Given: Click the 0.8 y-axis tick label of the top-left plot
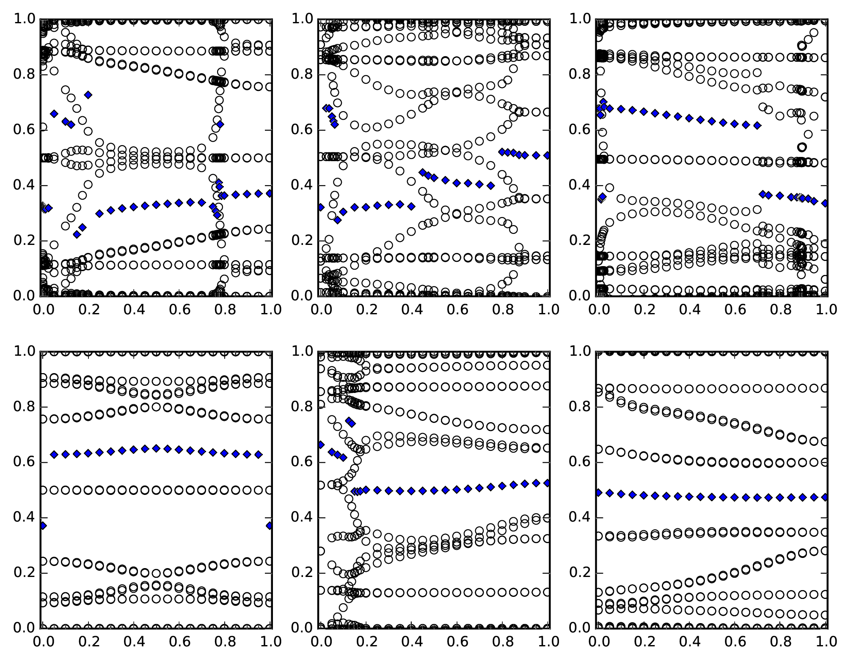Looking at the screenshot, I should tap(25, 75).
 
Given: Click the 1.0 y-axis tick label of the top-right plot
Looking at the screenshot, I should tap(581, 19).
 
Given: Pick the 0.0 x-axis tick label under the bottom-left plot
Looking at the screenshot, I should tap(42, 642).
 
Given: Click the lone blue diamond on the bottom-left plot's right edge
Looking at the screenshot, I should tap(270, 526).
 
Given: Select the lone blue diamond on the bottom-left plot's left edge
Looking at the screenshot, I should tap(43, 526).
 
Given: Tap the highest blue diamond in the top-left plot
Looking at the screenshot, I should tap(88, 95).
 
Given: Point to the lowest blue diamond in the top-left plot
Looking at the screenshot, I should tap(77, 234).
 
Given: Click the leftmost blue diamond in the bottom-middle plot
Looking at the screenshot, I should tap(321, 445).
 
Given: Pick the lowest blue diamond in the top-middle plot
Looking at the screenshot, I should tap(337, 220).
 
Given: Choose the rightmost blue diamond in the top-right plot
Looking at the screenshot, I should tap(825, 203).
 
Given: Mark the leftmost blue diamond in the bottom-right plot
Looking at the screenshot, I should tap(599, 492).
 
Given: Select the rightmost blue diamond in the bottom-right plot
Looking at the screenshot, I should tap(825, 497).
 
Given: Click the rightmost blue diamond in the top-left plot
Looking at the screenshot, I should tap(270, 193).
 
